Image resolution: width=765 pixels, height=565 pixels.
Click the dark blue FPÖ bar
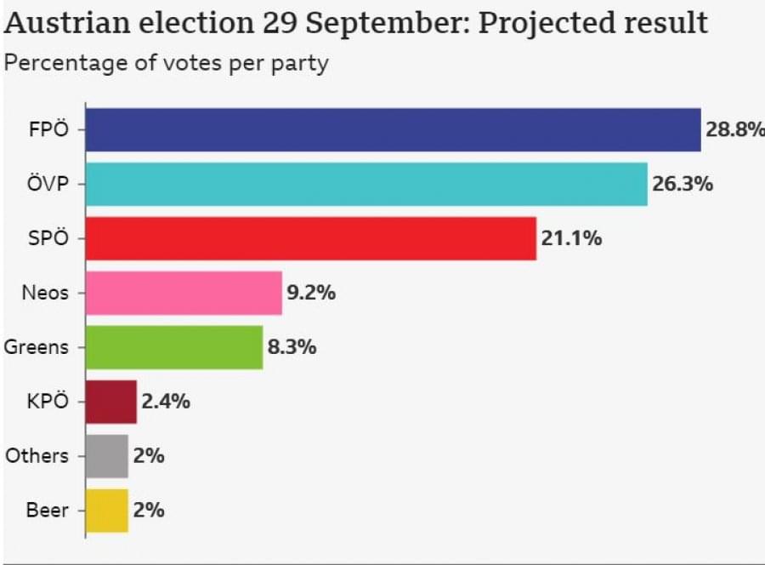coord(393,130)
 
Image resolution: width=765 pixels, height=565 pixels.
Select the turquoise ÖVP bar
coord(366,184)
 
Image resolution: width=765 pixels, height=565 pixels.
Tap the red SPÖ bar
coord(311,238)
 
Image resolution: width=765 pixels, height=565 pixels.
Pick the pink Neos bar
coord(184,293)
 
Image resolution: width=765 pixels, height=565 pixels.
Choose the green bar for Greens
coord(174,347)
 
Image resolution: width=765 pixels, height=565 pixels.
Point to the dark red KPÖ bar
coord(111,402)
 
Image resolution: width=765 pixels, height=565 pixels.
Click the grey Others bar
coord(107,456)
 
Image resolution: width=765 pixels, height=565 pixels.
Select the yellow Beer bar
coord(107,511)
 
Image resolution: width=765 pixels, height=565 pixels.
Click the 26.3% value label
coord(683,184)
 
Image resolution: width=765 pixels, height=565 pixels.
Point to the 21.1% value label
coord(571,238)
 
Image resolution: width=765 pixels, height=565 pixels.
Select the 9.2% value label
coord(311,293)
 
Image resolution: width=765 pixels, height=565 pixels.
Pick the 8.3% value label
coord(292,347)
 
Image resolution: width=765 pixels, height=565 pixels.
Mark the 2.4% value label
coord(166,402)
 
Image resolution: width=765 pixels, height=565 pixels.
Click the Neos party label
coord(45,293)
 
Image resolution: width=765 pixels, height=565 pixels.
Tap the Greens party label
coord(37,347)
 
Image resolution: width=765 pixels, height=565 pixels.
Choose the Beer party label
coord(48,511)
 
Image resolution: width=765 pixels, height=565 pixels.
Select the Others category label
coord(37,456)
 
